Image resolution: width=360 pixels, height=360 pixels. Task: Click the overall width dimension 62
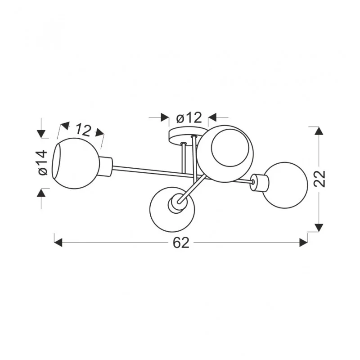tap(181, 243)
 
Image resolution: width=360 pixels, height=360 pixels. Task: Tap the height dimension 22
tap(319, 179)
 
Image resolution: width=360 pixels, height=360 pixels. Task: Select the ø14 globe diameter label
tap(43, 163)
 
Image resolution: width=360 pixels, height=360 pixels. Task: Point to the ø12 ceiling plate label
tap(189, 117)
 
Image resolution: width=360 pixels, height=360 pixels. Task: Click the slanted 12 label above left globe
tap(83, 130)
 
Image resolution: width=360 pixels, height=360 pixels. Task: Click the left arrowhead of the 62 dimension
tap(58, 243)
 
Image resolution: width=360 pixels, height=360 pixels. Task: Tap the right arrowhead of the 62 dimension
tap(303, 243)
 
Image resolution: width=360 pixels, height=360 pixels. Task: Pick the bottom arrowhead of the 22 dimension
tap(319, 228)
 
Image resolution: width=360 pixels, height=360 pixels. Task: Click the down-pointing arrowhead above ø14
tap(41, 134)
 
